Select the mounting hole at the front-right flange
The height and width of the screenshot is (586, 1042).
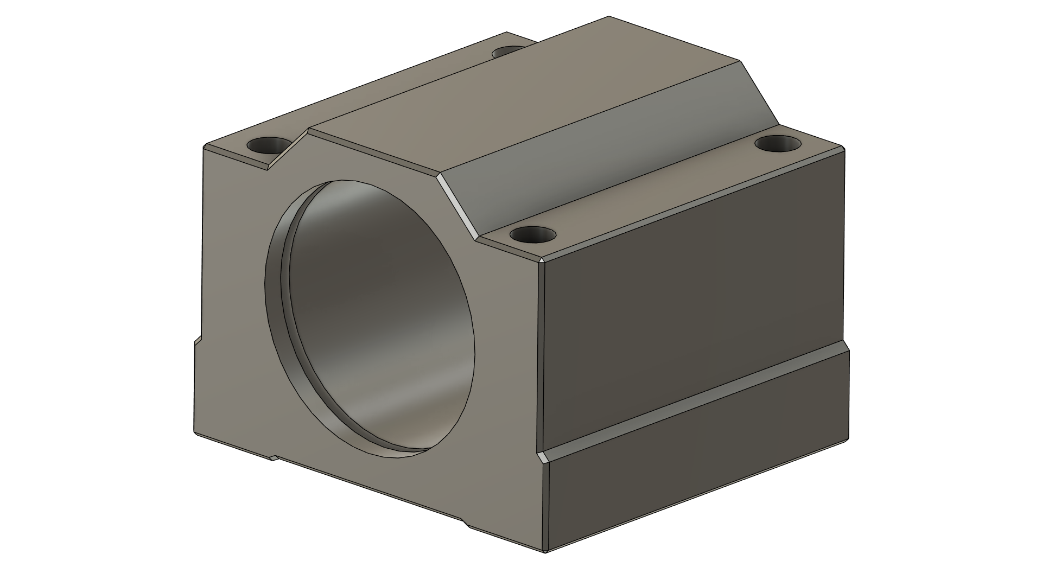tap(533, 235)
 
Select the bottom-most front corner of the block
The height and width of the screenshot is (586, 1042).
tap(545, 552)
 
